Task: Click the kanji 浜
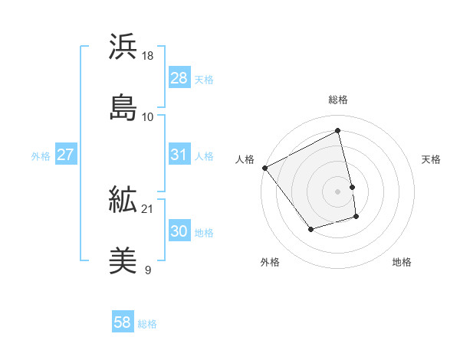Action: click(x=123, y=47)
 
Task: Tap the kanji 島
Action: click(x=123, y=107)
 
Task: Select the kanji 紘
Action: click(x=123, y=201)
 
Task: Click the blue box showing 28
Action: click(x=179, y=78)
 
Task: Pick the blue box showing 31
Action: click(x=179, y=155)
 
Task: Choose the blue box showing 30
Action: click(x=179, y=231)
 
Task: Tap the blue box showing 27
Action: click(x=65, y=155)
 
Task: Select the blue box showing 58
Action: click(x=123, y=322)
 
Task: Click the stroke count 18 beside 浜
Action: click(x=148, y=56)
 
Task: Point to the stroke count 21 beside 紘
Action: click(x=148, y=209)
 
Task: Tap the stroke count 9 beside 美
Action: click(x=148, y=270)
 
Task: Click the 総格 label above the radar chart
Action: click(x=338, y=100)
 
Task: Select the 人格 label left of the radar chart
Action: click(x=245, y=159)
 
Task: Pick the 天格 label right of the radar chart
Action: click(x=431, y=159)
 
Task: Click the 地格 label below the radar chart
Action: click(x=402, y=263)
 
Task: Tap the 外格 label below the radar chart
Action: click(x=270, y=263)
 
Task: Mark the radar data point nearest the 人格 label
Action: click(x=264, y=168)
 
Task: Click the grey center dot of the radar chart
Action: click(x=338, y=191)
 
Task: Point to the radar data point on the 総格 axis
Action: click(x=338, y=130)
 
